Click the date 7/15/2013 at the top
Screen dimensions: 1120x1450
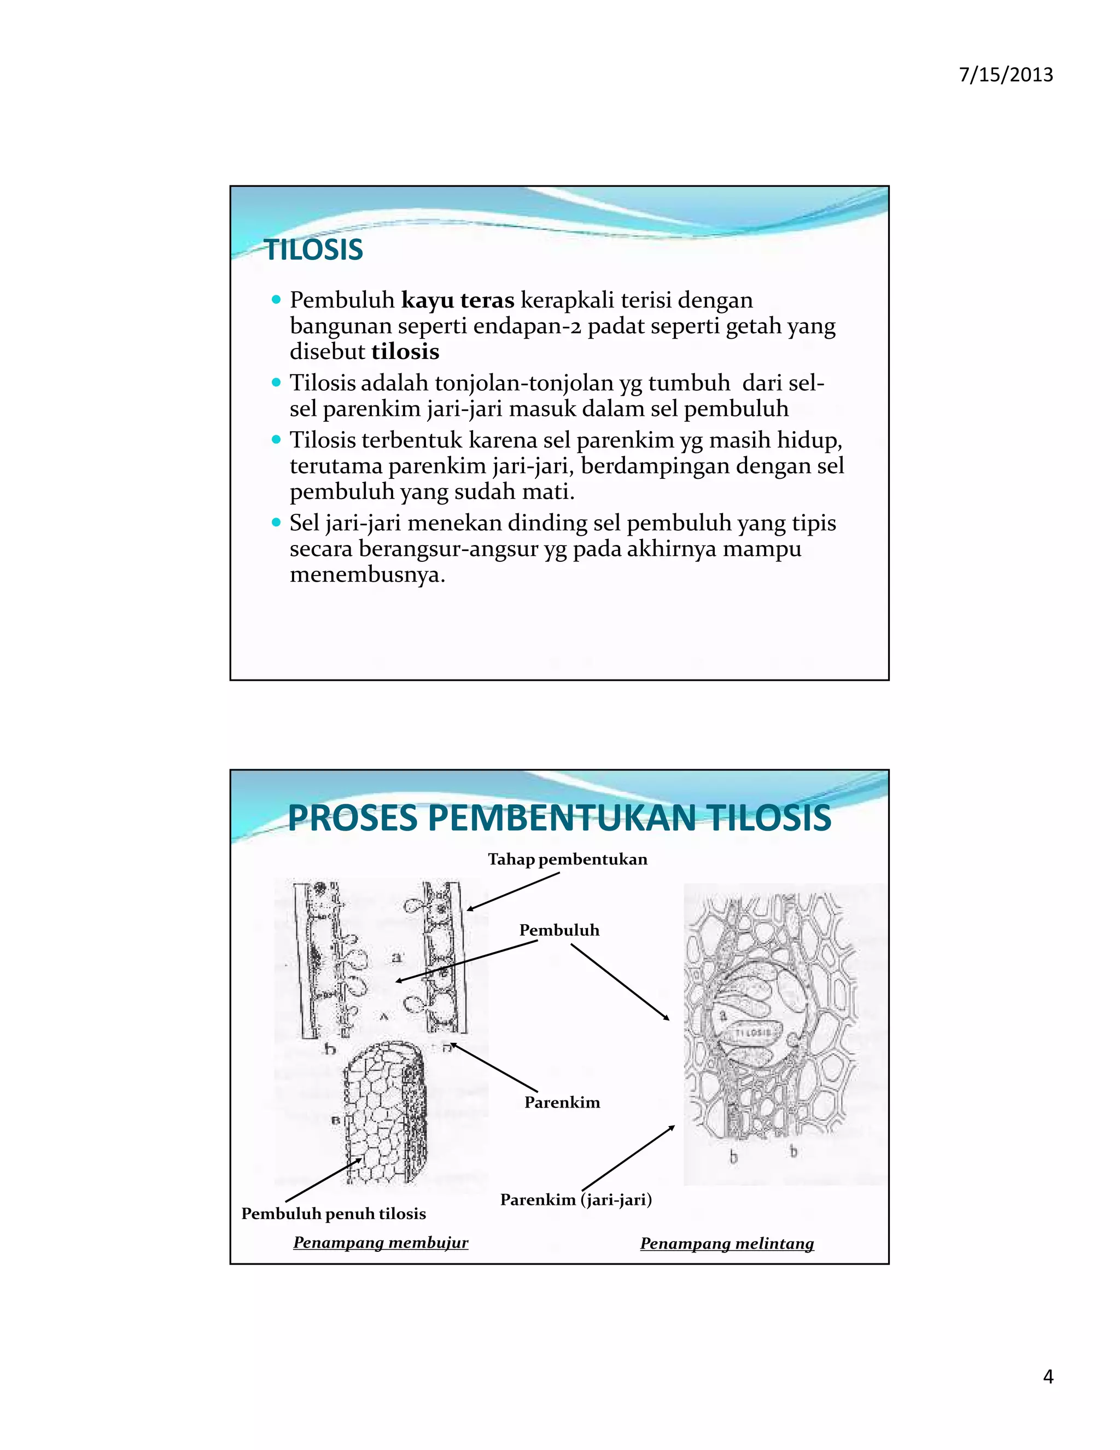[1006, 74]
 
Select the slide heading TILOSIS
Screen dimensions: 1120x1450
[314, 250]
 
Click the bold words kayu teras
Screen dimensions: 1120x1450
[458, 300]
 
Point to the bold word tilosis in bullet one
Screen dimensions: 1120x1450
[405, 352]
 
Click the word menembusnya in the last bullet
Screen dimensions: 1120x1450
[367, 575]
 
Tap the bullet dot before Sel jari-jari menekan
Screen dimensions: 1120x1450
[277, 523]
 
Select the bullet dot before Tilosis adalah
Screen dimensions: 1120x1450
[277, 382]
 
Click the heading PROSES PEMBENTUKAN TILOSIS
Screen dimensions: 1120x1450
[559, 818]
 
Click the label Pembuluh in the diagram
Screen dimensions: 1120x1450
[559, 930]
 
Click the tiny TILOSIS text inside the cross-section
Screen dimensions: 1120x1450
[753, 1034]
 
